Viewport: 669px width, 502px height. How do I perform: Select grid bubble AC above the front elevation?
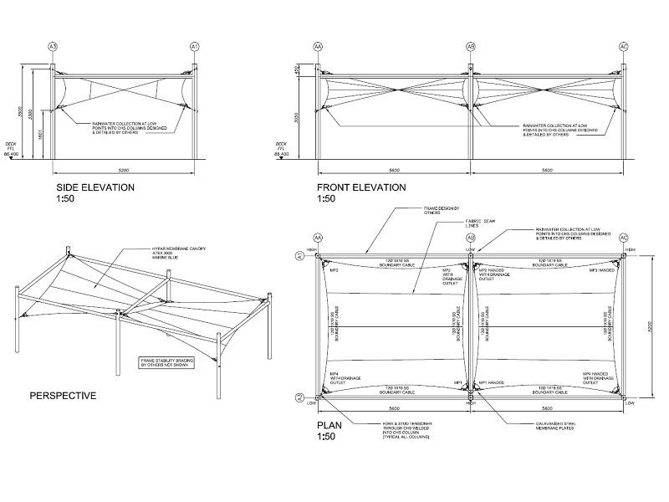point(623,45)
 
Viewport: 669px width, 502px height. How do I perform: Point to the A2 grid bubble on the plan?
point(299,397)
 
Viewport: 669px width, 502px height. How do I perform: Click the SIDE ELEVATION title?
point(94,187)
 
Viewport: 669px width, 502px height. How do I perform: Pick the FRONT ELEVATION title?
point(360,187)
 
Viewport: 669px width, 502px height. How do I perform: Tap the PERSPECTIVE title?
point(63,395)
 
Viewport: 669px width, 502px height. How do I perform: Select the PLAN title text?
point(331,425)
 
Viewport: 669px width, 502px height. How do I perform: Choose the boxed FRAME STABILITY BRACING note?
point(171,363)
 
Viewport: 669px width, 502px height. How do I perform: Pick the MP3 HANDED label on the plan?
point(602,271)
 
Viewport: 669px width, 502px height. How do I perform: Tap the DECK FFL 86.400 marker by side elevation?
point(13,149)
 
